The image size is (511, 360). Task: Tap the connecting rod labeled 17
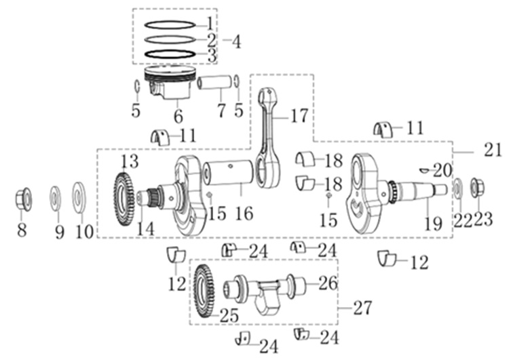[268, 138]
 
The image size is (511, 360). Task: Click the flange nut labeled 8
[24, 199]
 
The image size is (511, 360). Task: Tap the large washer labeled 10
[79, 197]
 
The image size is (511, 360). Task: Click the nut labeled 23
[477, 188]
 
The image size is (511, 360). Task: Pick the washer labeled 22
[457, 188]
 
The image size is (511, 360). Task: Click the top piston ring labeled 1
[170, 25]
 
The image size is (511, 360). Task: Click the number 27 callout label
[362, 308]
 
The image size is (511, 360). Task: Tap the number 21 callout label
[493, 151]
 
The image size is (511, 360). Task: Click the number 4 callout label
[236, 41]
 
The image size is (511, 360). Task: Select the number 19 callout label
[434, 224]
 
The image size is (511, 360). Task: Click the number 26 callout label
[328, 283]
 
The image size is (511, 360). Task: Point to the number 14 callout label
[145, 229]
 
